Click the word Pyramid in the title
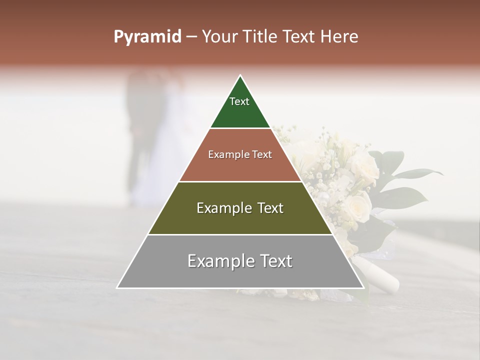tap(147, 37)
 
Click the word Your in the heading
tap(219, 37)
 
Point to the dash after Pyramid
tap(191, 37)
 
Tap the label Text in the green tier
tap(239, 101)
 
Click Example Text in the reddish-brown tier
tap(240, 154)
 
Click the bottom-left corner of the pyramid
tap(117, 287)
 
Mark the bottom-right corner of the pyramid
tap(363, 287)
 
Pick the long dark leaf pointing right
tap(420, 173)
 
